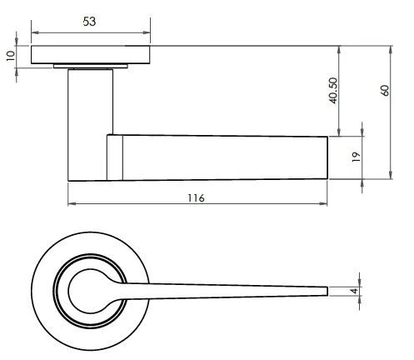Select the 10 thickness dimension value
[x=9, y=56]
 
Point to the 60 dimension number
[x=384, y=90]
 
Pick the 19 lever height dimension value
[x=356, y=157]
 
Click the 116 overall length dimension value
[x=196, y=197]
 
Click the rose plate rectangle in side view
[x=92, y=55]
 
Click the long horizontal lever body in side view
[x=225, y=157]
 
